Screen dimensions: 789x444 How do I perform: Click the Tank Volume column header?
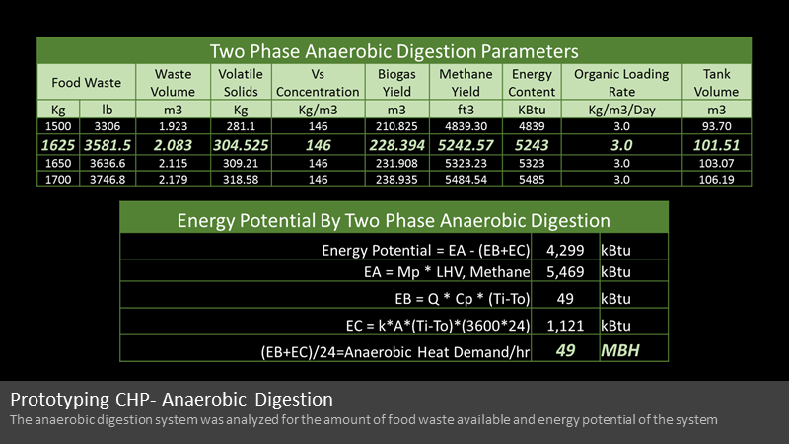pos(716,83)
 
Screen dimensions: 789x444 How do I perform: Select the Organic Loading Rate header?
pos(621,83)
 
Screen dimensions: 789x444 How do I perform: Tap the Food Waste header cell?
pos(86,83)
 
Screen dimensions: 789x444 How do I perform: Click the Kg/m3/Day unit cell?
pos(621,110)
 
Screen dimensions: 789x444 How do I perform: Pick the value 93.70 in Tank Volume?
pos(716,126)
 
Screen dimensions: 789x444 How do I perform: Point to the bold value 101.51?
pos(716,145)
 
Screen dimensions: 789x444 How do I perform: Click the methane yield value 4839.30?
pos(466,126)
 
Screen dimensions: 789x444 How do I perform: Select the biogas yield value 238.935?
pos(396,180)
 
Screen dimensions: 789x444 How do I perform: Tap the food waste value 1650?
pos(58,163)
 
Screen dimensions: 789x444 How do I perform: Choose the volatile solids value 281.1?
pos(241,126)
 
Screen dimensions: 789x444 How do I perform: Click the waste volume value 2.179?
pos(173,180)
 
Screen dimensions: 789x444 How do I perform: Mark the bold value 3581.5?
pos(108,145)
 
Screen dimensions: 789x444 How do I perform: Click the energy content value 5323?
pos(532,163)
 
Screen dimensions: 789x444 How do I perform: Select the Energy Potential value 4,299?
pos(565,251)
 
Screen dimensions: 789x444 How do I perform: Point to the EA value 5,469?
pos(565,272)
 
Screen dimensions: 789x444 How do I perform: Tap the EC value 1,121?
pos(565,326)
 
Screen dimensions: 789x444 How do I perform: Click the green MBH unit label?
pos(620,350)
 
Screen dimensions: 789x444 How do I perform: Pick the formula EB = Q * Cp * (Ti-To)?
pos(462,299)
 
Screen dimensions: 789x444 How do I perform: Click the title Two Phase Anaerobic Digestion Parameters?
pos(394,51)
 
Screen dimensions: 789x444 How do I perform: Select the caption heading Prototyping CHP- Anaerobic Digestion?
pos(172,400)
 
